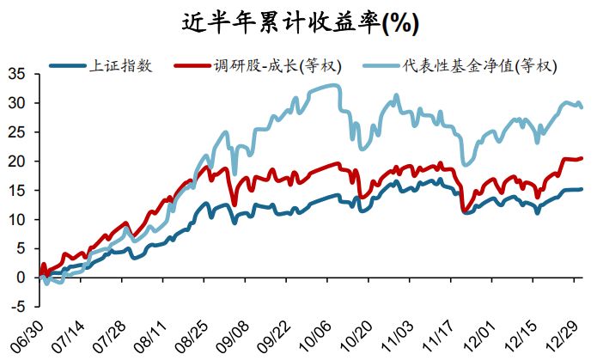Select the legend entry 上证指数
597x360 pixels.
point(121,65)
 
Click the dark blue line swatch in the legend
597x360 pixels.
point(69,65)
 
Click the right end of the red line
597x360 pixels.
point(582,158)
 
